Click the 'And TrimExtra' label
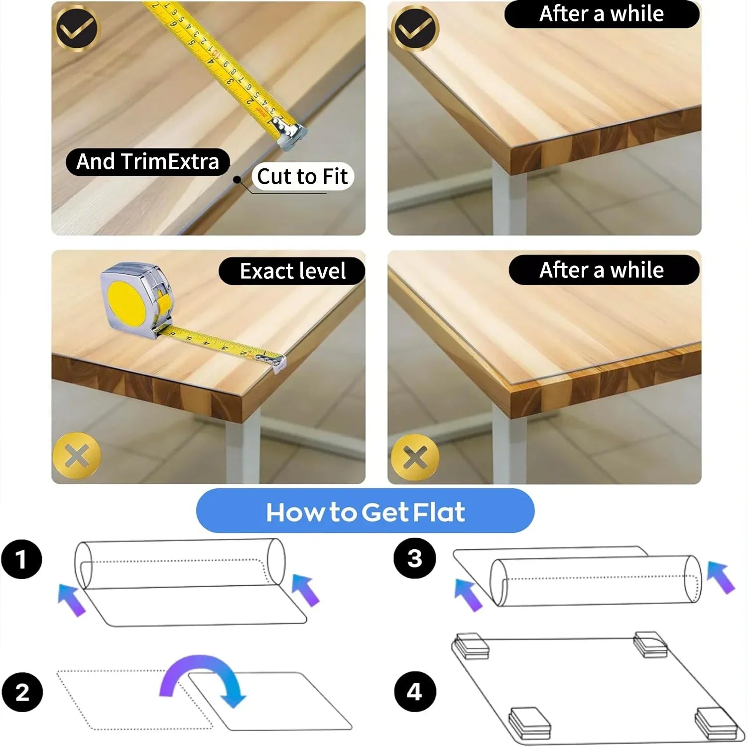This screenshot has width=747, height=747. coord(147,162)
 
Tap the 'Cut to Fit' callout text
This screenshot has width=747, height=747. coord(302,176)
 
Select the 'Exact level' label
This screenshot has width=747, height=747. coord(292,271)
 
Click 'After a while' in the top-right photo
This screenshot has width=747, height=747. coord(601,14)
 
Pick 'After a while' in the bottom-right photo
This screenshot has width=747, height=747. coord(601,270)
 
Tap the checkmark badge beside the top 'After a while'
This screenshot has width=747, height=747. coord(415,28)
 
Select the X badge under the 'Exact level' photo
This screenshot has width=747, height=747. coord(77,456)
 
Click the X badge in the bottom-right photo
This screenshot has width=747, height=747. coord(415,457)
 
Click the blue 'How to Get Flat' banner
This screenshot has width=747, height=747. coord(365,511)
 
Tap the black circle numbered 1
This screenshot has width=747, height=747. coord(21,559)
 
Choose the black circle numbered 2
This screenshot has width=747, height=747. coord(22,692)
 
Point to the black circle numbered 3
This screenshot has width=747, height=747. coord(414,558)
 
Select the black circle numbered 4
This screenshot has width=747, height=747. coord(414,692)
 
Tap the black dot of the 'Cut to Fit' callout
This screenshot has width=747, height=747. coord(238,179)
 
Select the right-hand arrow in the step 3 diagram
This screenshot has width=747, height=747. coord(721,577)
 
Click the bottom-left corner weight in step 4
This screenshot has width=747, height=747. coord(529,723)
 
